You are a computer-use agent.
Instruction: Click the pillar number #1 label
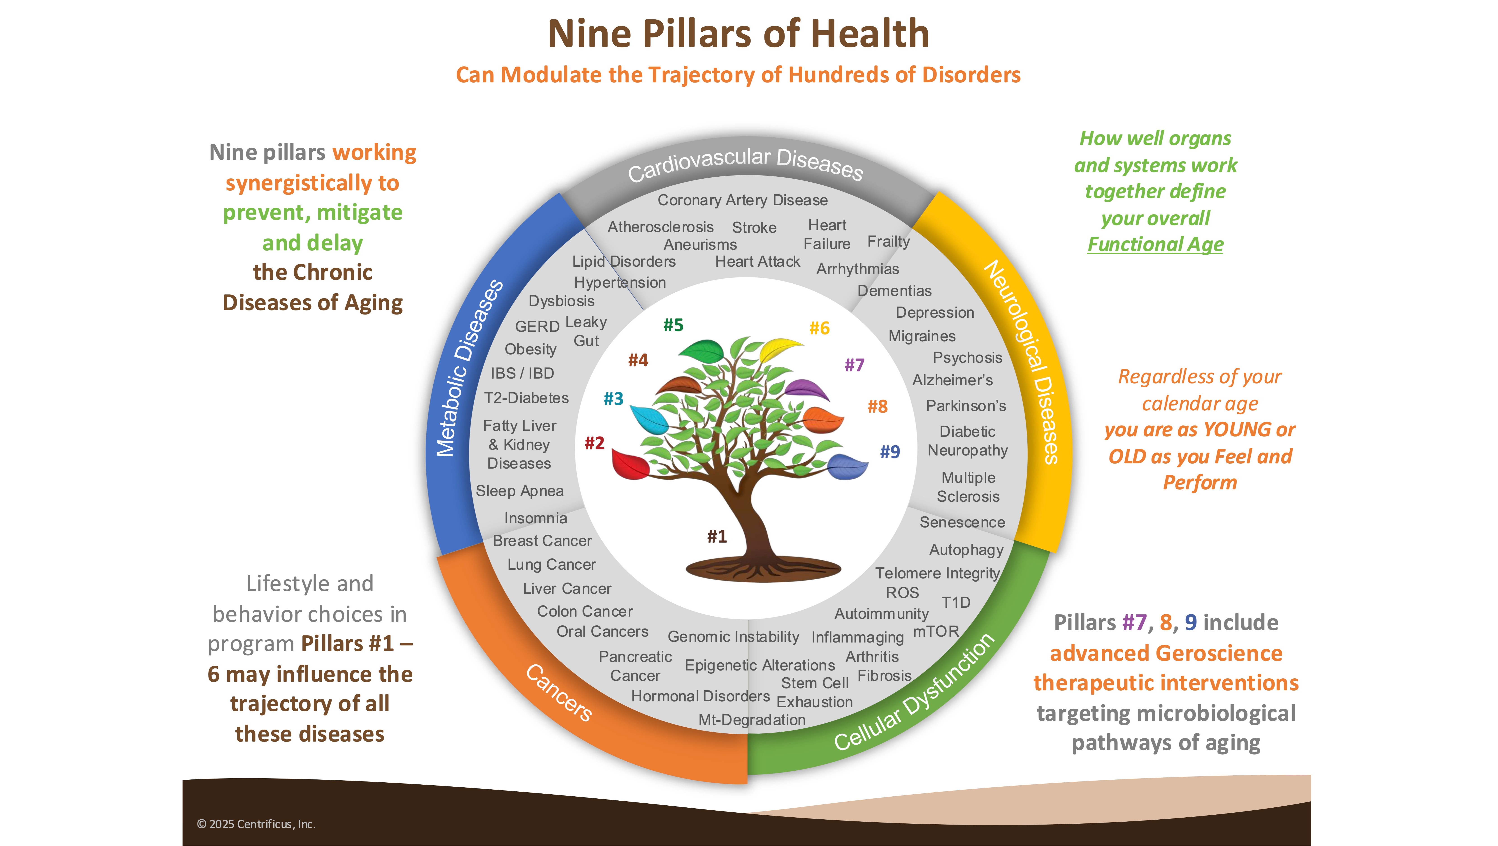(717, 536)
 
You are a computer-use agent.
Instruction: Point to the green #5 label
(674, 325)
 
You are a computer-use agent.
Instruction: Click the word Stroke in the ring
(754, 227)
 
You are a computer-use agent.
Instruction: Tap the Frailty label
(889, 241)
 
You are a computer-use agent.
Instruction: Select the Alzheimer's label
(952, 380)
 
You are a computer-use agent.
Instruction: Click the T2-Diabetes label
(526, 398)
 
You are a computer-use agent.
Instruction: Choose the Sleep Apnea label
(519, 491)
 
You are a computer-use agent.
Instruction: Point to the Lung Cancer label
(551, 565)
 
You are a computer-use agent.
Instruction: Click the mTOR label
(936, 631)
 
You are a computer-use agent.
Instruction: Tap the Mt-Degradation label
(752, 720)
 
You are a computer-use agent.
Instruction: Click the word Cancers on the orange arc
(559, 693)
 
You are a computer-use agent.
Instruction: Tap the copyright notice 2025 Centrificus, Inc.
(256, 824)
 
